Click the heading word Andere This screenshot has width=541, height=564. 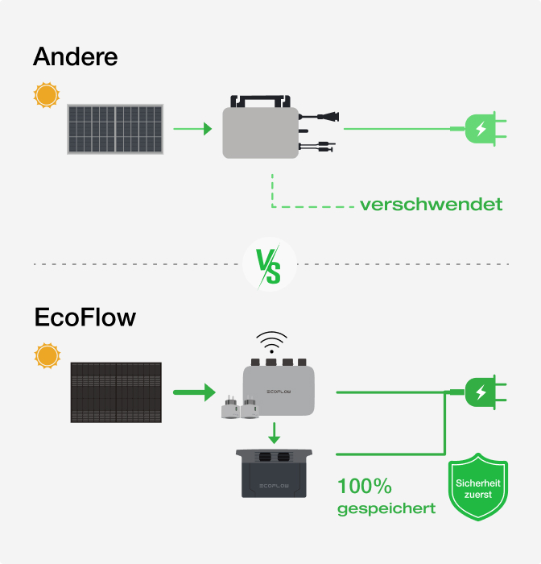[76, 57]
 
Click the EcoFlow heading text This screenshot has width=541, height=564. [85, 317]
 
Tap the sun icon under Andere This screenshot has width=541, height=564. [46, 96]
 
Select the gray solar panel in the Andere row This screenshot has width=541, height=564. [115, 129]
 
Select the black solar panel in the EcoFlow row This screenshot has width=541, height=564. [116, 393]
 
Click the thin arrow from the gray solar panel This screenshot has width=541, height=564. [192, 128]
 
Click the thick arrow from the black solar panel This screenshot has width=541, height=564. [194, 392]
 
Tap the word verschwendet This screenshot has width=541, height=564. [431, 204]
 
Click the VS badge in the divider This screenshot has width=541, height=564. [269, 264]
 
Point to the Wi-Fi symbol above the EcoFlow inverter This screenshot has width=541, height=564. [271, 342]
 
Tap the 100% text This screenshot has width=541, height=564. [364, 486]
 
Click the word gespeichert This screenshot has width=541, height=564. [386, 508]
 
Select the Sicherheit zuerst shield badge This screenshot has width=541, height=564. [477, 489]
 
